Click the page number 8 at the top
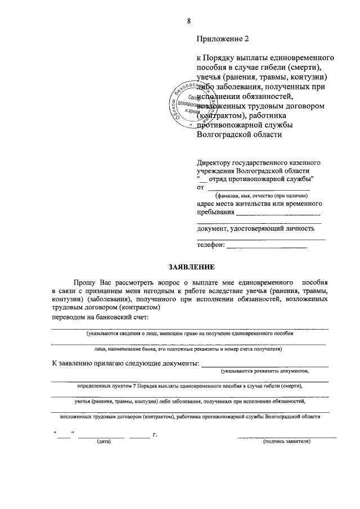190,21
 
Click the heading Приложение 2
222,39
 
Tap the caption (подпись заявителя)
287,442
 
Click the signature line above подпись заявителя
287,436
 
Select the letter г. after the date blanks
155,434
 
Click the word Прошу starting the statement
84,281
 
